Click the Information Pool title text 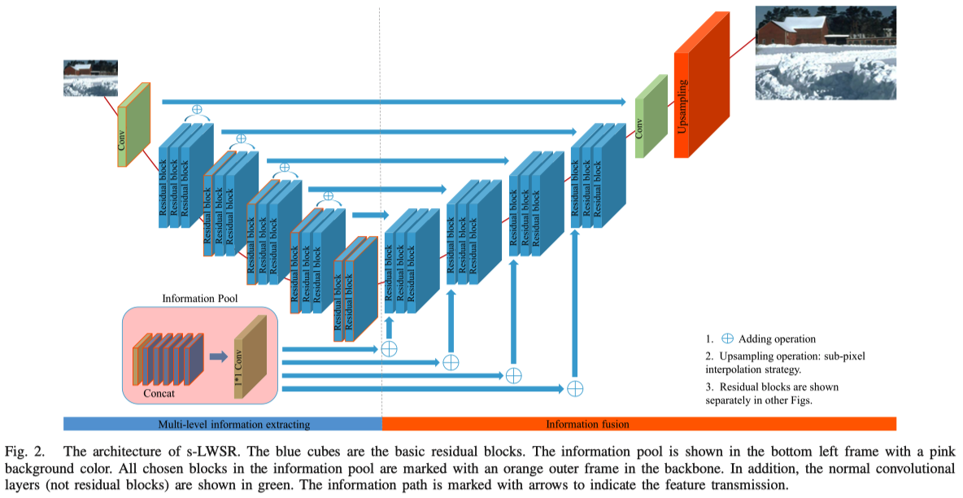click(x=200, y=299)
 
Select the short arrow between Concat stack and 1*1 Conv click(x=218, y=356)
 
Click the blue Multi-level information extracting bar click(x=222, y=424)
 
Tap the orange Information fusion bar click(x=638, y=424)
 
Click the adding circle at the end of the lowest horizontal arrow click(x=575, y=388)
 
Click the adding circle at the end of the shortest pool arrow click(x=389, y=348)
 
